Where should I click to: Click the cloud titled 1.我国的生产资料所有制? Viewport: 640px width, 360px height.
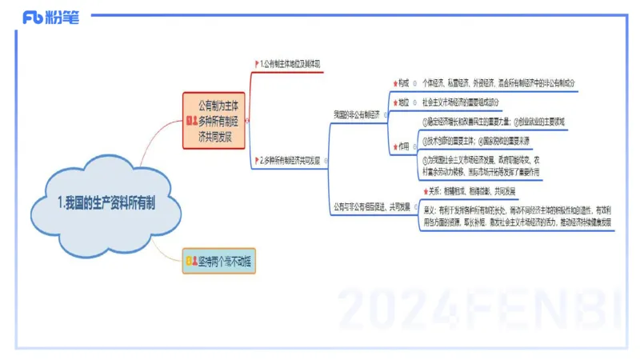(x=106, y=202)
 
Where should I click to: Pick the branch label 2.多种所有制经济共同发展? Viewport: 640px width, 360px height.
(x=290, y=161)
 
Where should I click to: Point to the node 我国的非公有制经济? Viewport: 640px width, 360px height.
(x=357, y=114)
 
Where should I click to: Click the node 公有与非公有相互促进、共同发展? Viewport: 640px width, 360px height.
(x=371, y=206)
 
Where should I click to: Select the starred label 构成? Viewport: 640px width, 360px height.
(x=403, y=82)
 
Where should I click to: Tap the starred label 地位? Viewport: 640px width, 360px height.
(x=403, y=102)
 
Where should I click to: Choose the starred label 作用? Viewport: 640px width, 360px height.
(x=403, y=146)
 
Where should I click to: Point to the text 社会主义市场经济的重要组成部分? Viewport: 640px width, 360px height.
(x=471, y=102)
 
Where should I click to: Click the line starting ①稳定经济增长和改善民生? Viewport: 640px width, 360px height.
(x=493, y=122)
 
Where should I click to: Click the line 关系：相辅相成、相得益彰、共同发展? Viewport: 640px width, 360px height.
(x=473, y=190)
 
